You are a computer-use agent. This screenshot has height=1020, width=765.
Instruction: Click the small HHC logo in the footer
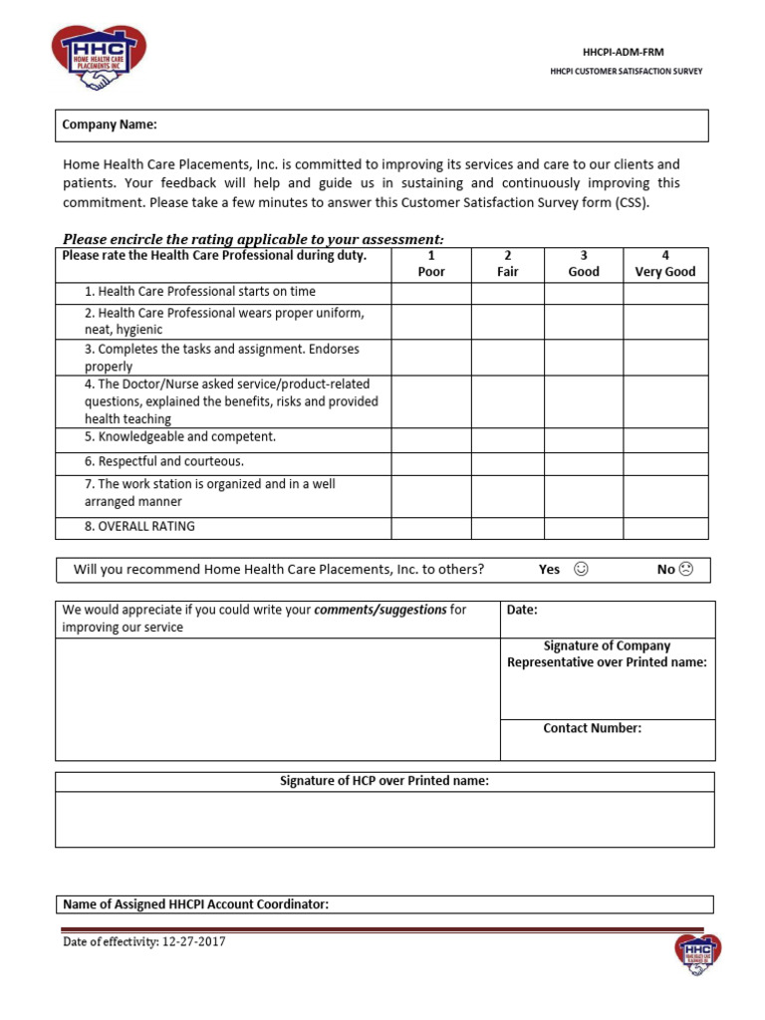[697, 955]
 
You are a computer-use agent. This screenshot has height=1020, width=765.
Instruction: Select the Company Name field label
[110, 125]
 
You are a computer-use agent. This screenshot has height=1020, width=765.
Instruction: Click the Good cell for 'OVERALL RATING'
[584, 527]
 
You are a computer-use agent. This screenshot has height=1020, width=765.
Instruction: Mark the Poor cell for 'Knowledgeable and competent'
[431, 438]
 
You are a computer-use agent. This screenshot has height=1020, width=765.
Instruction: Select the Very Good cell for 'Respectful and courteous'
[665, 462]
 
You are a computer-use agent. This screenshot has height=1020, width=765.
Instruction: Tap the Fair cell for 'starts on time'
[508, 292]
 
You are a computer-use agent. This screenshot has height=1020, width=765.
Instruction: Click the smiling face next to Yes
[582, 569]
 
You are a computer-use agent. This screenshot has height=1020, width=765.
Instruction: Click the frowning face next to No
[686, 569]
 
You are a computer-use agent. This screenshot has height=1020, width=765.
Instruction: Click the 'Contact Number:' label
[592, 728]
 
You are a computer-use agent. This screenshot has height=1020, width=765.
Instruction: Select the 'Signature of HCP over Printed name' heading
[383, 781]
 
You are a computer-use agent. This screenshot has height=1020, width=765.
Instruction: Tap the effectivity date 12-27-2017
[191, 941]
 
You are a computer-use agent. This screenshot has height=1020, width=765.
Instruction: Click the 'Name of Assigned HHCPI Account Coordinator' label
[195, 904]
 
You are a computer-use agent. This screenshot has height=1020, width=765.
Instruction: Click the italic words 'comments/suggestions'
[380, 610]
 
